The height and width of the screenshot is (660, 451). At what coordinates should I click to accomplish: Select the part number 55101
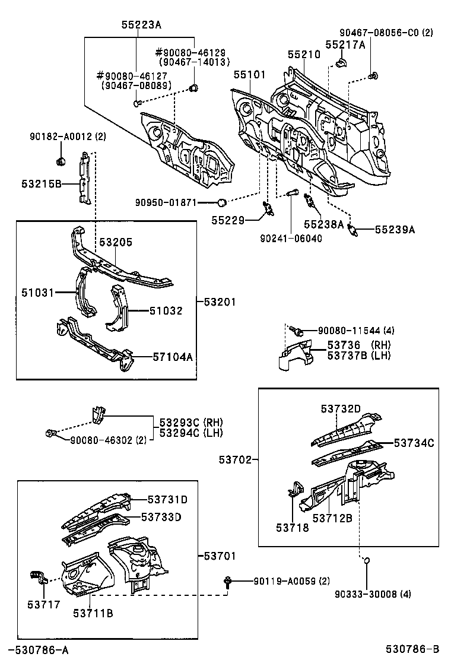point(249,75)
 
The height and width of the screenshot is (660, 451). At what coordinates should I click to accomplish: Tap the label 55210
point(304,55)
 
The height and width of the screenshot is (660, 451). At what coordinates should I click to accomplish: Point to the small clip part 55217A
point(342,61)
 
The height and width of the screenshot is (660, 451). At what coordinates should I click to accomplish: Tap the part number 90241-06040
point(291,238)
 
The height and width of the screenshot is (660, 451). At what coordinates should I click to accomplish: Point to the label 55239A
point(395,230)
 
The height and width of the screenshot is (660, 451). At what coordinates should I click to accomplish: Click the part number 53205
point(116,242)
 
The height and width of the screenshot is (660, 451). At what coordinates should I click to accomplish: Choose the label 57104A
point(173,357)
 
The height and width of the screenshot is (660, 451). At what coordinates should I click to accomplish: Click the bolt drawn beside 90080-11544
point(302,330)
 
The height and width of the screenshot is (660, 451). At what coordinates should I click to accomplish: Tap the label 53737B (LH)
point(359,355)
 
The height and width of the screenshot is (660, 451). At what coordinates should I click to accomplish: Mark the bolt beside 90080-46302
point(50,434)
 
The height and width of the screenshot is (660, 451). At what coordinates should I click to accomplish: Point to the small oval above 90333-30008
point(367,560)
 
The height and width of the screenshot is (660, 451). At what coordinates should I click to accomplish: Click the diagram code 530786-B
point(410,650)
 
